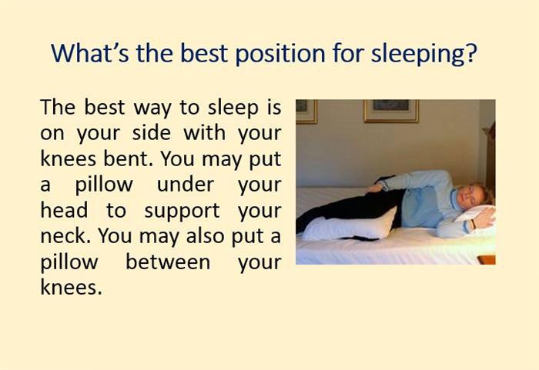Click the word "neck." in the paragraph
click(x=63, y=236)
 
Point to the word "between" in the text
click(x=168, y=262)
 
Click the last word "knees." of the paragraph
click(x=70, y=288)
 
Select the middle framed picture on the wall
click(x=390, y=110)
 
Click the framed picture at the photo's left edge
click(x=305, y=110)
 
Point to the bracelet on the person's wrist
click(x=472, y=224)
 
